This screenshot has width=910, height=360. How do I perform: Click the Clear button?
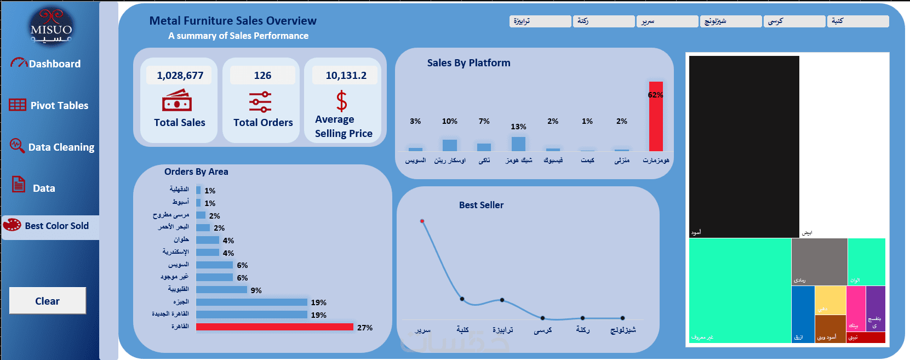(48, 301)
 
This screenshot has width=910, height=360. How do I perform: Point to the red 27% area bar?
(274, 327)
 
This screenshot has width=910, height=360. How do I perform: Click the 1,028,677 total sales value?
(180, 76)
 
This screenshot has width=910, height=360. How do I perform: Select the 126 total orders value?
(262, 76)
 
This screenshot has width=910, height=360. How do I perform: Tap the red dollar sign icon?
(341, 101)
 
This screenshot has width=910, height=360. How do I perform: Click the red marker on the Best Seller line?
(422, 221)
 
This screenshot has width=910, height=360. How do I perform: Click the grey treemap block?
(819, 261)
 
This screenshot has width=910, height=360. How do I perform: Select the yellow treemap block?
(830, 300)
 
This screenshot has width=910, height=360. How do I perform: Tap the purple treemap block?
(875, 308)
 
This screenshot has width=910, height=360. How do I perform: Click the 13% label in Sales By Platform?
(518, 127)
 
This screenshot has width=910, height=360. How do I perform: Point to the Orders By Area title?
(196, 172)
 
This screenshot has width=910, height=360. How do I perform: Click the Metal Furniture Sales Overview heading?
(233, 21)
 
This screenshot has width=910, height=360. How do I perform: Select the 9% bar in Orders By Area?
(221, 290)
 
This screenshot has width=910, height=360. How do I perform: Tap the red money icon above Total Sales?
(177, 101)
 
